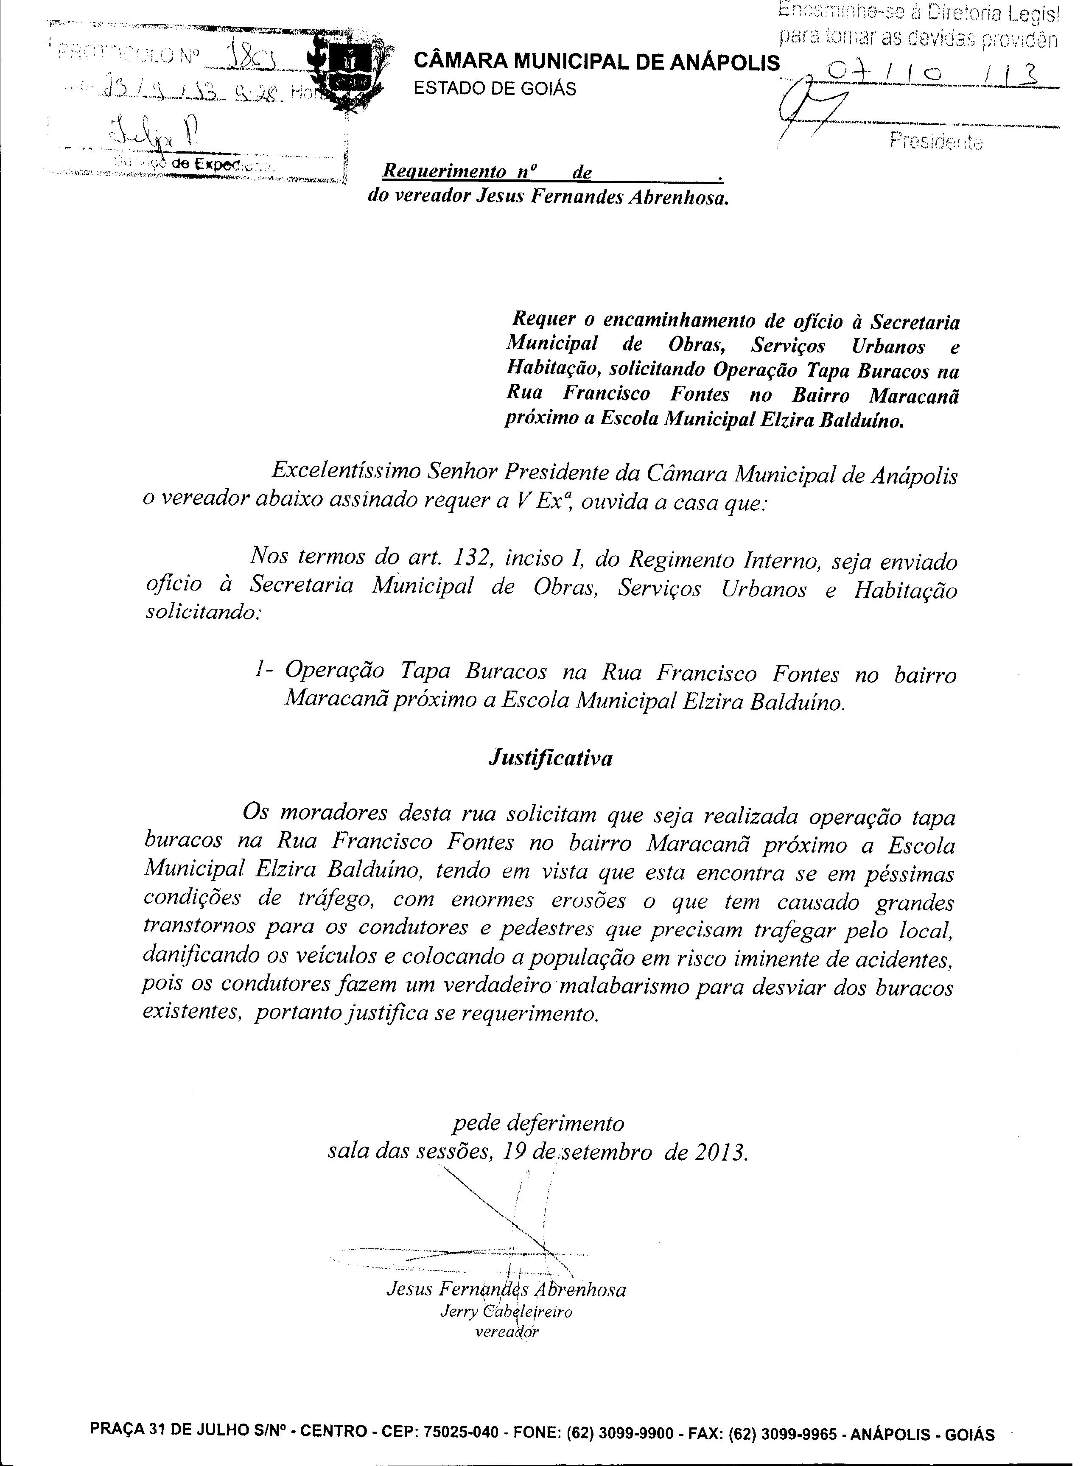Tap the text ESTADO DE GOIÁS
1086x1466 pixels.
coord(494,88)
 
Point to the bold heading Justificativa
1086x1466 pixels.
coord(550,758)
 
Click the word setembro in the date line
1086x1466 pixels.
coord(605,1152)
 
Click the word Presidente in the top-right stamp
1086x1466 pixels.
coord(936,141)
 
